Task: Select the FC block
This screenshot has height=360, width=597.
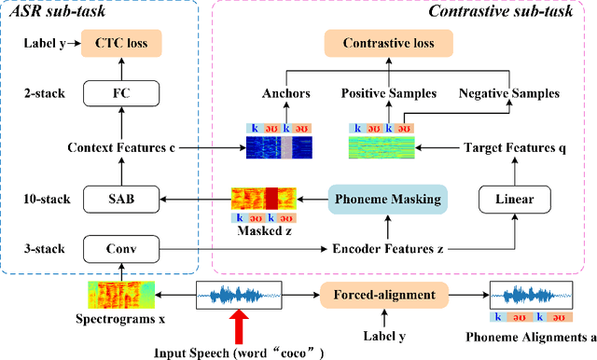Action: (x=120, y=93)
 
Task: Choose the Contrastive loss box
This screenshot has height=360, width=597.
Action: (x=386, y=43)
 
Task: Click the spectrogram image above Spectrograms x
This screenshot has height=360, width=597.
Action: (x=120, y=297)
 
